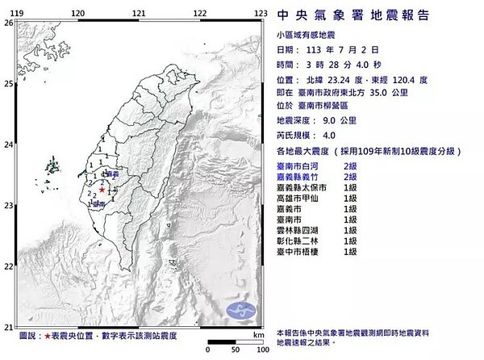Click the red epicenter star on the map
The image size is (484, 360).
point(102,190)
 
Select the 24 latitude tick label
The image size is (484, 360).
point(8,144)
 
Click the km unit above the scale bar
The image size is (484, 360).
point(257,334)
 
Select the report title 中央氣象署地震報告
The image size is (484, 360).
point(353,15)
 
